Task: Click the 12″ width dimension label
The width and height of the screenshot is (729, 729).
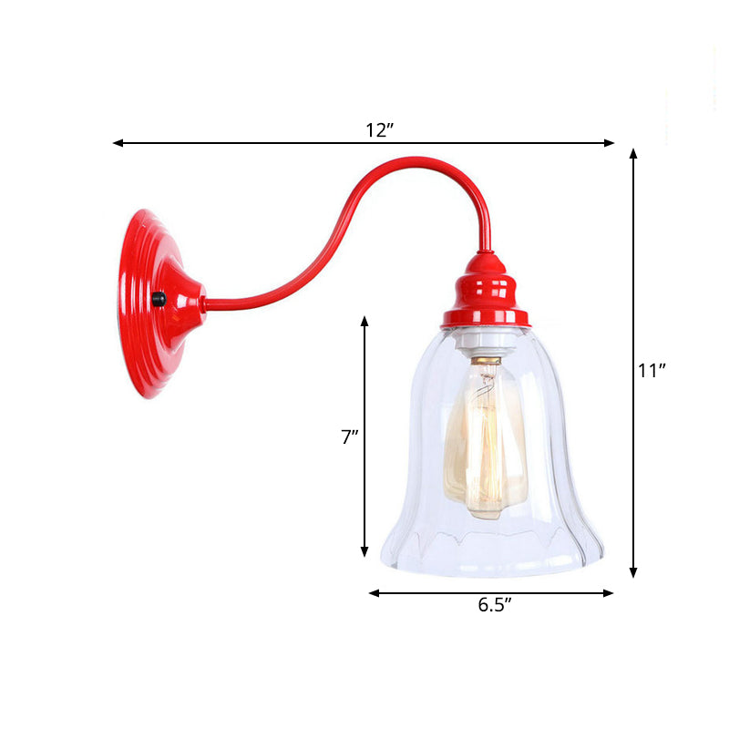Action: (379, 130)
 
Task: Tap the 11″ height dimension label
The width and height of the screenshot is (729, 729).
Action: (652, 370)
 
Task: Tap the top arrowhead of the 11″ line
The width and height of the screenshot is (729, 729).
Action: (633, 154)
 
